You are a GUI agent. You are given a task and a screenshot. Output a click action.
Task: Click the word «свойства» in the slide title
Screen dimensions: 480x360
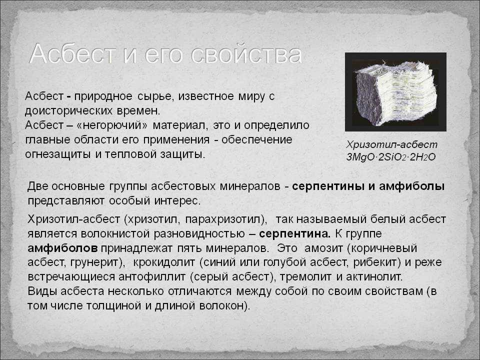tap(246, 54)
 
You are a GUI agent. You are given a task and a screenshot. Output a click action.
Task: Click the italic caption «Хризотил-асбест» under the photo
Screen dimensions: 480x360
tap(392, 144)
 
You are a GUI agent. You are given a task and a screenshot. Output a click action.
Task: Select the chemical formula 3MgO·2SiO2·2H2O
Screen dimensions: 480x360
tap(391, 157)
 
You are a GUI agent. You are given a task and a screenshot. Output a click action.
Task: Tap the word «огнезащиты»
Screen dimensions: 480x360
tap(58, 154)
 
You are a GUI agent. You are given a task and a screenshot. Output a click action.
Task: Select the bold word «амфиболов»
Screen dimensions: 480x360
tap(63, 248)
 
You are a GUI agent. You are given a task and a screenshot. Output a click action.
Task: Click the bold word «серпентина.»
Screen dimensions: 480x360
tap(295, 234)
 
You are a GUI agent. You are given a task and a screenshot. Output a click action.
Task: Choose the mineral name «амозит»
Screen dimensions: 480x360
tap(323, 248)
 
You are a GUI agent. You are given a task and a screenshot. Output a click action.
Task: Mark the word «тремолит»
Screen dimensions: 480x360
tap(305, 276)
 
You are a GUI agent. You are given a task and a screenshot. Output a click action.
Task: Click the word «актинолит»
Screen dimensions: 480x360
tap(373, 276)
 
